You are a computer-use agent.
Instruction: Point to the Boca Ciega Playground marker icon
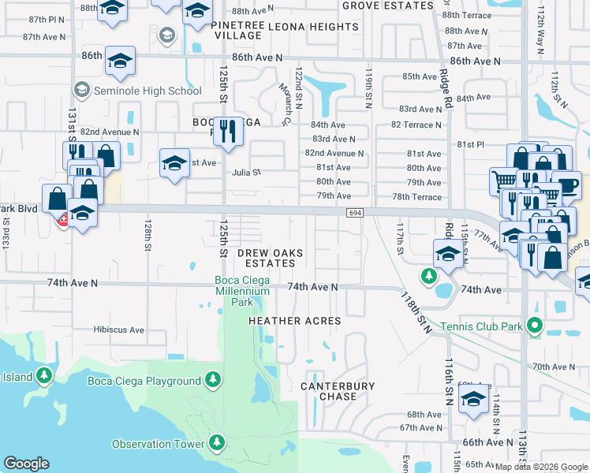(x=212, y=381)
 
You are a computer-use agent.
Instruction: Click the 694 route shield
(x=353, y=212)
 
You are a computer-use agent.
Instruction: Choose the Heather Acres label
(x=295, y=321)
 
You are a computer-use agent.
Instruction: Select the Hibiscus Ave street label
(x=118, y=330)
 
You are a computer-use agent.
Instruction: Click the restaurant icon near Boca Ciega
(x=227, y=130)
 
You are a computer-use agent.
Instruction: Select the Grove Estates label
(x=387, y=5)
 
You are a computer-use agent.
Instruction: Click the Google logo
(x=27, y=464)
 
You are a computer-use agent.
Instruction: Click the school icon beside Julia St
(x=174, y=163)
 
